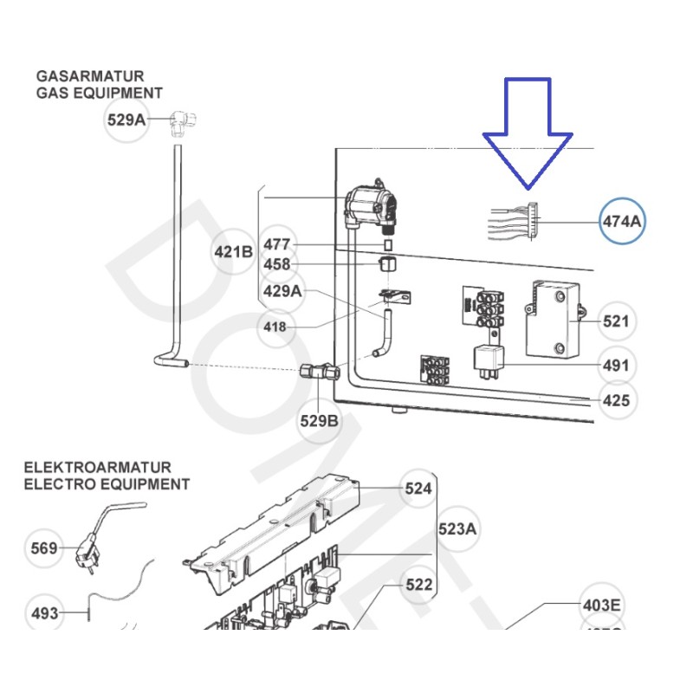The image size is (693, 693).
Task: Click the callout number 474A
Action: pyautogui.click(x=623, y=221)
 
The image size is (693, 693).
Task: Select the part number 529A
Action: pyautogui.click(x=126, y=120)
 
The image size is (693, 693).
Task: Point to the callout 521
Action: pyautogui.click(x=616, y=321)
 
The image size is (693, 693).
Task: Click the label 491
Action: pyautogui.click(x=616, y=366)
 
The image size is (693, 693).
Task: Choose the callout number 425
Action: pyautogui.click(x=616, y=401)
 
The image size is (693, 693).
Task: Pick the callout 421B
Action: pyautogui.click(x=233, y=252)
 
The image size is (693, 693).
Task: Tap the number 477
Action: pyautogui.click(x=277, y=244)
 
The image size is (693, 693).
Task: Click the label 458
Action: pyautogui.click(x=277, y=265)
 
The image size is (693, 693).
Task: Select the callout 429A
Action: pyautogui.click(x=282, y=291)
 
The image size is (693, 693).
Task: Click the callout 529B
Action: pyautogui.click(x=320, y=421)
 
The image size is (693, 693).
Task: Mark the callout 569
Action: pyautogui.click(x=44, y=548)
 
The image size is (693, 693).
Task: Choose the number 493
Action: pyautogui.click(x=45, y=613)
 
